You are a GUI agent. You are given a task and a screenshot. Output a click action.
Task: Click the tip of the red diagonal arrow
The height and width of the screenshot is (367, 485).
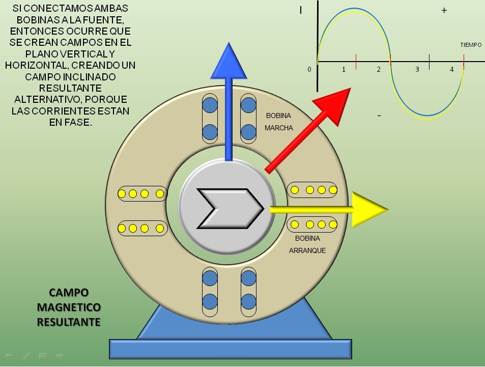[x=349, y=90]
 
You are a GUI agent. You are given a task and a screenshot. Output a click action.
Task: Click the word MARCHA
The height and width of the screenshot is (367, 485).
[x=279, y=128]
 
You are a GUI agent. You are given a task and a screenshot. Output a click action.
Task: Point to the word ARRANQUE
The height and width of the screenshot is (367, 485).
[x=307, y=250]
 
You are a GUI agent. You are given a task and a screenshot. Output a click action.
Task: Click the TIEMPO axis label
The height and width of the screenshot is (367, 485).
[x=471, y=45]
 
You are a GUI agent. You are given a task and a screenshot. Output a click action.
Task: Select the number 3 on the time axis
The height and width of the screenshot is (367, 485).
[x=417, y=69]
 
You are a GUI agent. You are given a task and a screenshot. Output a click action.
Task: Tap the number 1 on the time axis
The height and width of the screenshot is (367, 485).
[x=344, y=69]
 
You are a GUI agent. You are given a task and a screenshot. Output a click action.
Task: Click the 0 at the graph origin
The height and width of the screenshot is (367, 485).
[x=309, y=69]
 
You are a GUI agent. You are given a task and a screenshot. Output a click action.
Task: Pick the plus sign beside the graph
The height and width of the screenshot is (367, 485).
[x=444, y=10]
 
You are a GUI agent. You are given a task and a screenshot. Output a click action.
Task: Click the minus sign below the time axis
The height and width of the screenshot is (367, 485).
[x=379, y=116]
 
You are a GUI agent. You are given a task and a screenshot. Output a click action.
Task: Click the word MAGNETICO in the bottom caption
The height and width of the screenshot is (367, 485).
[x=69, y=307]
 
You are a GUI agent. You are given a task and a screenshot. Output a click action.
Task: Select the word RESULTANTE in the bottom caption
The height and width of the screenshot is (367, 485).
[x=69, y=322]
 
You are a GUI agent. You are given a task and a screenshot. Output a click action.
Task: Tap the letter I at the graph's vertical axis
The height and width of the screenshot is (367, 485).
[x=301, y=10]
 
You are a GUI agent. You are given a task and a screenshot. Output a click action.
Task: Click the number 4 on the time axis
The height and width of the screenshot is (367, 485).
[x=452, y=69]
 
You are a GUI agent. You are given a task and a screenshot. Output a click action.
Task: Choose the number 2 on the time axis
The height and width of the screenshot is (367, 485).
[x=379, y=69]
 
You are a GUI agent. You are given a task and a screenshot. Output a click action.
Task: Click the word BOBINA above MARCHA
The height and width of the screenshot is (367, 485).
[x=279, y=116]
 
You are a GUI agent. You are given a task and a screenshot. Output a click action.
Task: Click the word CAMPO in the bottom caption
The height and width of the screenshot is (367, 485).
[x=69, y=293]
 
